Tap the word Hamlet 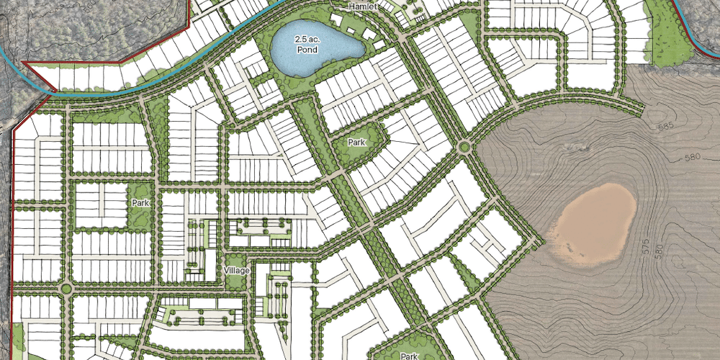363,6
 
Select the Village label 236,270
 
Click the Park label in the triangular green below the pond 357,143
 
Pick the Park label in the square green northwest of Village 140,204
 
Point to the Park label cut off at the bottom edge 409,356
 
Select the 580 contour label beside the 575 659,252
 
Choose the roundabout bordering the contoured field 464,148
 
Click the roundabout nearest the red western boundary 66,289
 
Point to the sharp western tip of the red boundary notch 23,63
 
